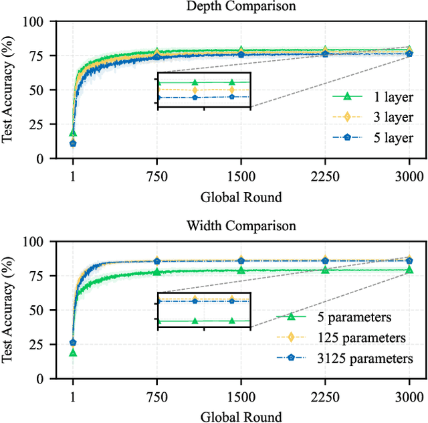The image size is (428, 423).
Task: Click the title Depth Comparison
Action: [x=241, y=7]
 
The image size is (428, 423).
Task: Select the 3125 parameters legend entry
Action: [x=354, y=358]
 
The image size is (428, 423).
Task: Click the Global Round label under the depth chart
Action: [x=241, y=197]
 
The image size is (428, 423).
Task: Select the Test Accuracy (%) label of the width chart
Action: [x=11, y=309]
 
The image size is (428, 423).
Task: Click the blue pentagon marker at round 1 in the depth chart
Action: [x=73, y=143]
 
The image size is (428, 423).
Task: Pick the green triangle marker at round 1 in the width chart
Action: [x=73, y=352]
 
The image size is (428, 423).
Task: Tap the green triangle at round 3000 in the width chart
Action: [x=409, y=270]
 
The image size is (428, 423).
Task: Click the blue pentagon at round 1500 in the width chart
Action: [x=241, y=260]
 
